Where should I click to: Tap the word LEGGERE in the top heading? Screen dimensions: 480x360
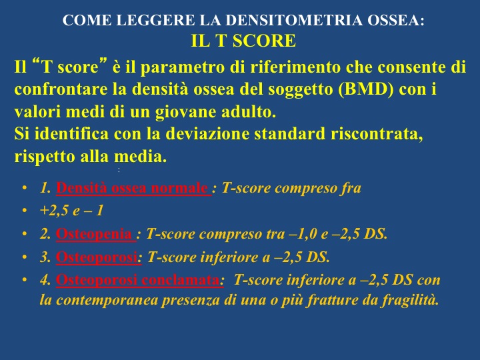(x=155, y=20)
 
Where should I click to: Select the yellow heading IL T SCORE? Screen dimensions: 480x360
(x=243, y=41)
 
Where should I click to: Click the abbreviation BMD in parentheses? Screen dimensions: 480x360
(x=365, y=89)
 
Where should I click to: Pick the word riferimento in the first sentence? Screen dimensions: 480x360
(x=295, y=67)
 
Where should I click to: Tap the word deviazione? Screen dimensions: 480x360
(x=207, y=134)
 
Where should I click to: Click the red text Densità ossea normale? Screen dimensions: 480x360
(x=132, y=187)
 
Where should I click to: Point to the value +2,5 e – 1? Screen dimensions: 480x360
(x=71, y=211)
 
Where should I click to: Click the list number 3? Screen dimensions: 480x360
(x=45, y=257)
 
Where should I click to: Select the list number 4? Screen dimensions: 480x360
(x=45, y=280)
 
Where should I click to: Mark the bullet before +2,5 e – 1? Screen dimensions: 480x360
(x=25, y=211)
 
